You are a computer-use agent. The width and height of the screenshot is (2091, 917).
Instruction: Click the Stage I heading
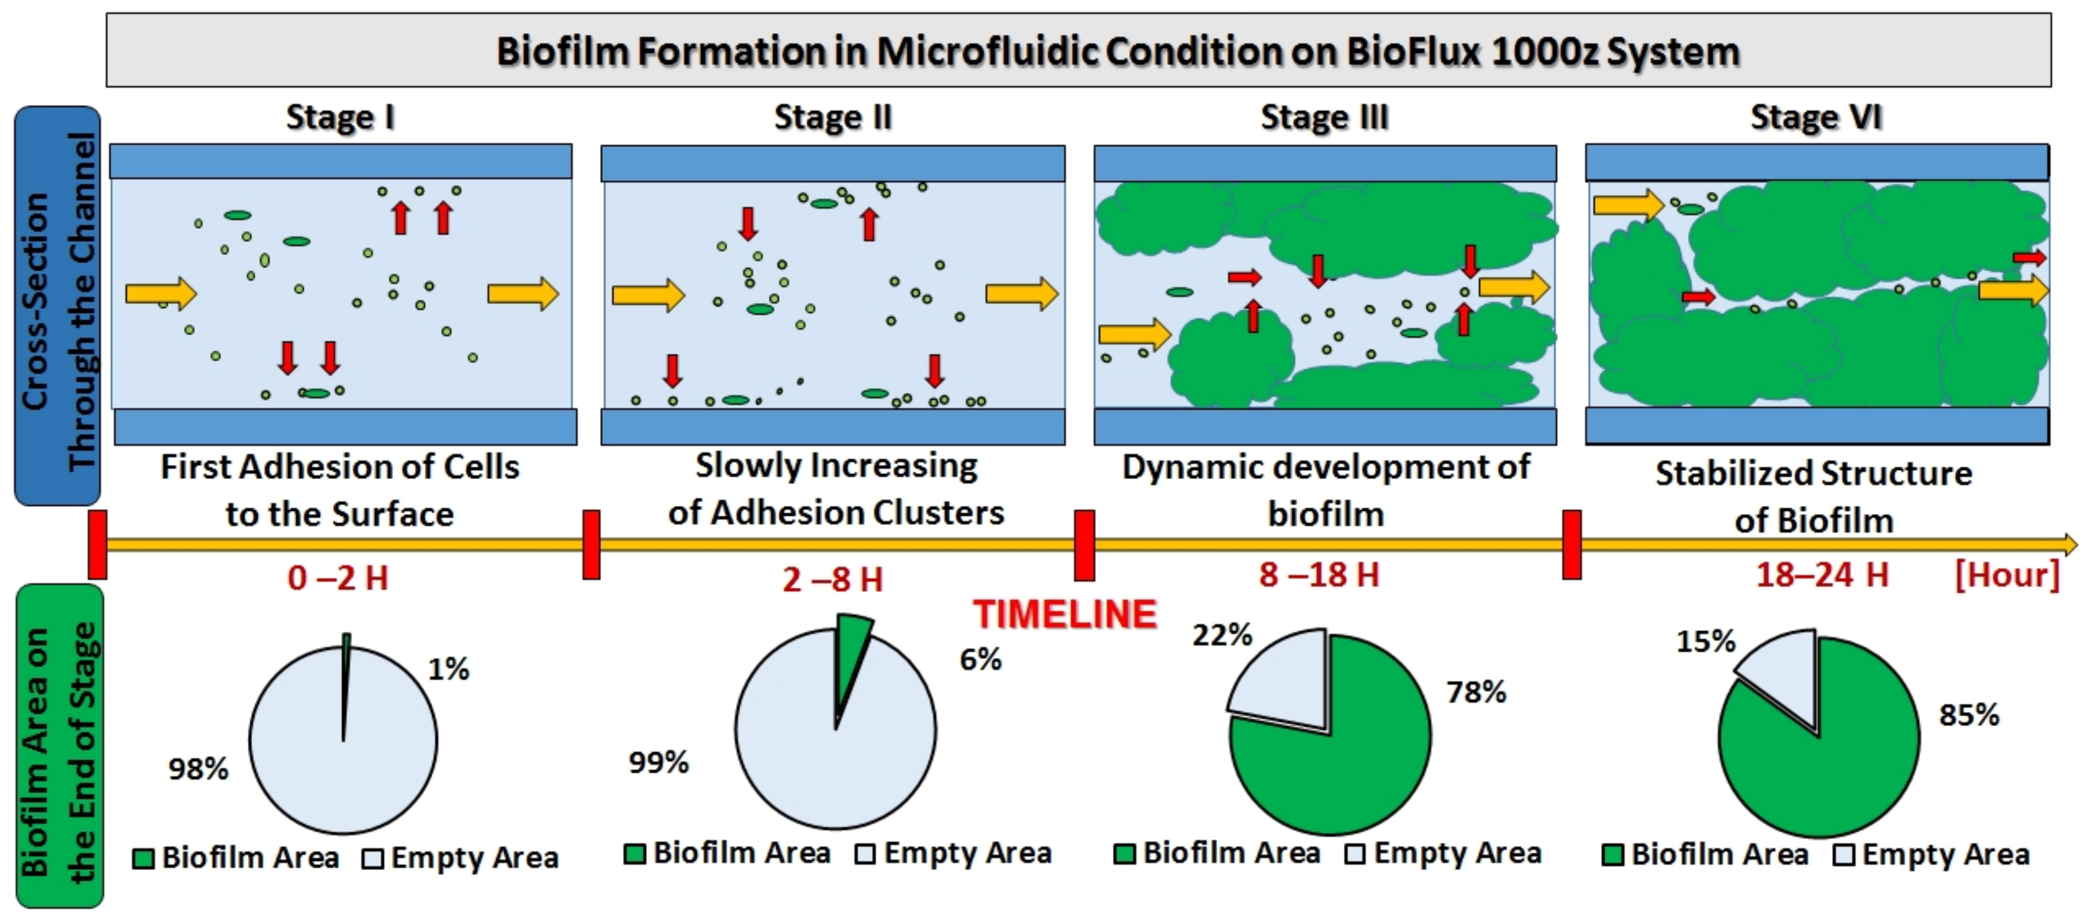tap(341, 118)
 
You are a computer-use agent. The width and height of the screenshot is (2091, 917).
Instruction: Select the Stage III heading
tap(1325, 118)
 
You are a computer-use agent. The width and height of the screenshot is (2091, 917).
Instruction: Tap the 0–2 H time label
tap(338, 578)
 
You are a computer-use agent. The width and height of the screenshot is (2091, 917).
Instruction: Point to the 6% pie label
tap(981, 660)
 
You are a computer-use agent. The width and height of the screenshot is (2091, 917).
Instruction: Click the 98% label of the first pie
tap(198, 768)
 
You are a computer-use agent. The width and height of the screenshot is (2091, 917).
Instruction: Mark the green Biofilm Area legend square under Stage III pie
tap(1124, 853)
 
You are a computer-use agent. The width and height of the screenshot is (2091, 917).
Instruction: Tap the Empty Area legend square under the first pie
tap(373, 858)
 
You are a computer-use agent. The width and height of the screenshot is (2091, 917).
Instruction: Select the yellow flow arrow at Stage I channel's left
tap(161, 293)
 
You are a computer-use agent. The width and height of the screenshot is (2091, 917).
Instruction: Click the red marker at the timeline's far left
tap(97, 544)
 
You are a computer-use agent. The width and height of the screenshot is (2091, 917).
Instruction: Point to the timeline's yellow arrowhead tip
tap(2077, 544)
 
